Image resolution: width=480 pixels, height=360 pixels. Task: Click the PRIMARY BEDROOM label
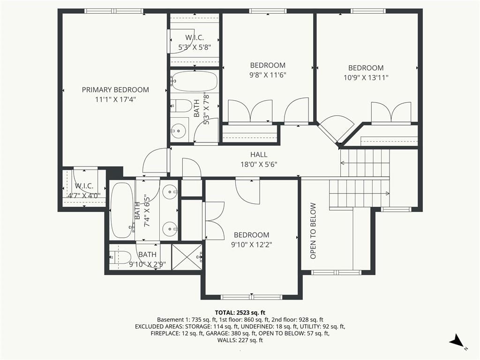(115, 90)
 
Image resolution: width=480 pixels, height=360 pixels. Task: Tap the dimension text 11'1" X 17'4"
(115, 99)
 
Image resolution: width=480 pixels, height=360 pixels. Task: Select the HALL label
(259, 155)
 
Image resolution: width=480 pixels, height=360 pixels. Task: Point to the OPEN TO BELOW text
(313, 231)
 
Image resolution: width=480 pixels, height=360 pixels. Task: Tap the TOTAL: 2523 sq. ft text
(240, 313)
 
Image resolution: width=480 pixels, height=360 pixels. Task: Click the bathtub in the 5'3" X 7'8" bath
(194, 81)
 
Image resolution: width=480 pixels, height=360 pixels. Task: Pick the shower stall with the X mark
(187, 257)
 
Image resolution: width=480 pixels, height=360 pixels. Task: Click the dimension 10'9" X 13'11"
(366, 77)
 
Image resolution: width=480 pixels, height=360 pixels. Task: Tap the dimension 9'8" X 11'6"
(268, 75)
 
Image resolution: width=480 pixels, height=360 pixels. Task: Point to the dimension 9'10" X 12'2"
(252, 245)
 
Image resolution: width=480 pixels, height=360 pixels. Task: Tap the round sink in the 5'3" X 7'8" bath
(178, 132)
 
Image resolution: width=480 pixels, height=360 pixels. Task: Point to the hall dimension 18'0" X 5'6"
(259, 165)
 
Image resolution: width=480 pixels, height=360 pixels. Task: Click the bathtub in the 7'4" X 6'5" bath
(122, 210)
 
